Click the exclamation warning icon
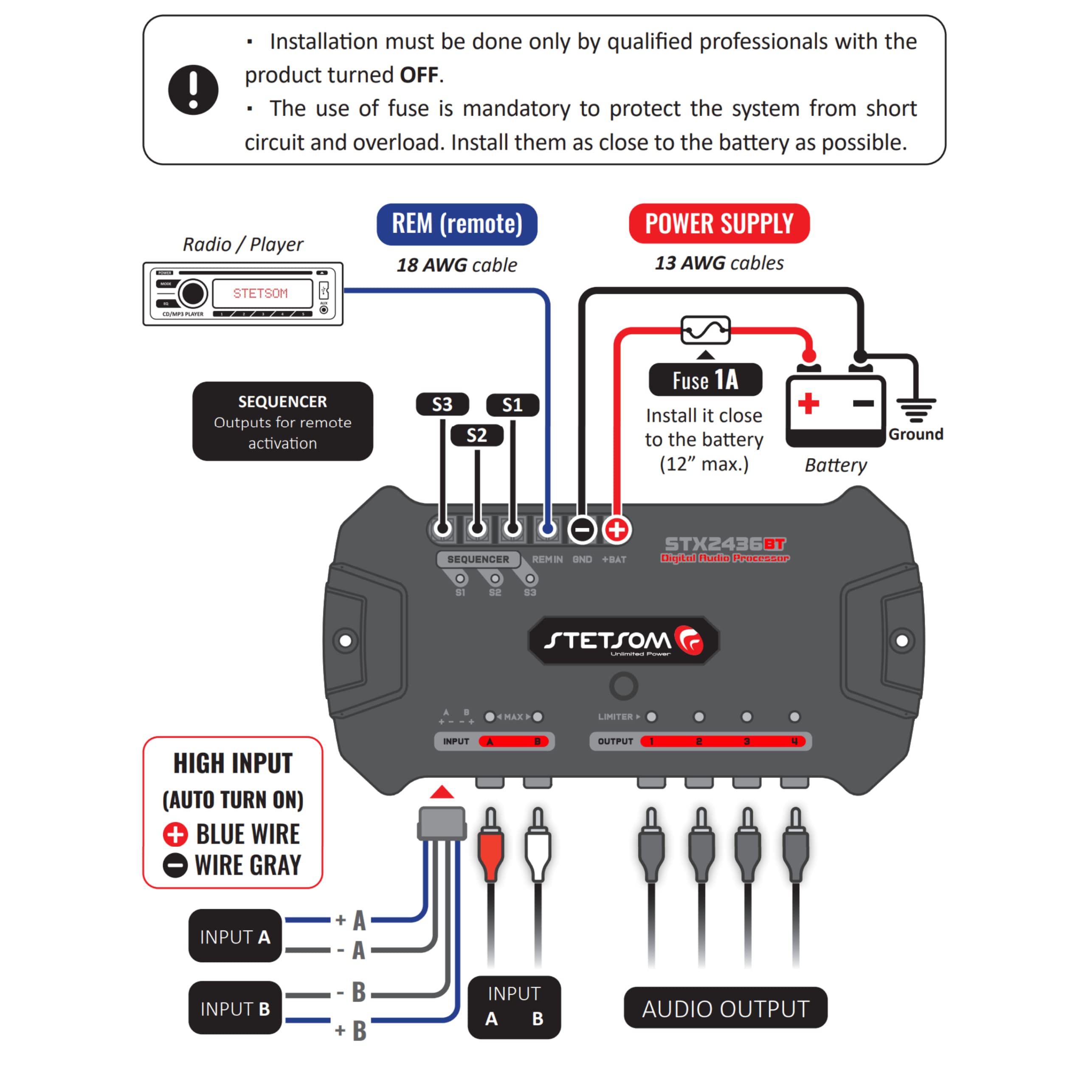pos(193,90)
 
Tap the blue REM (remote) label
pos(456,224)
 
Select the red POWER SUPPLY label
pos(718,223)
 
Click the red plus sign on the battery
pos(808,403)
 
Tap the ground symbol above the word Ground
pos(916,409)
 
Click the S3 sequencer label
pos(442,404)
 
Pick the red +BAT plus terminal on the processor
pos(617,529)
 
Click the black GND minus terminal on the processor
pos(582,529)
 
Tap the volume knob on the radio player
pos(193,293)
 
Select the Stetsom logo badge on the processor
pos(623,640)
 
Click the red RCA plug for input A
pos(490,850)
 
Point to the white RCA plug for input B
pos(538,850)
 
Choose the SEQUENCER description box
pos(282,421)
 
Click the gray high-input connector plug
pos(442,823)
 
